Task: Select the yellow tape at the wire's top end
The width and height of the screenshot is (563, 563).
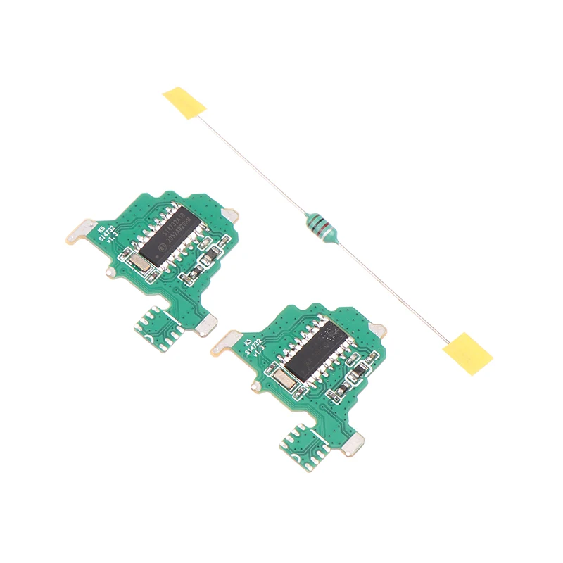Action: [x=184, y=103]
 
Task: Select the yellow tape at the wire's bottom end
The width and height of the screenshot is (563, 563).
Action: [x=467, y=350]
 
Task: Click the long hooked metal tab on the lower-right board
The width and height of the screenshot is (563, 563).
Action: [x=225, y=343]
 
